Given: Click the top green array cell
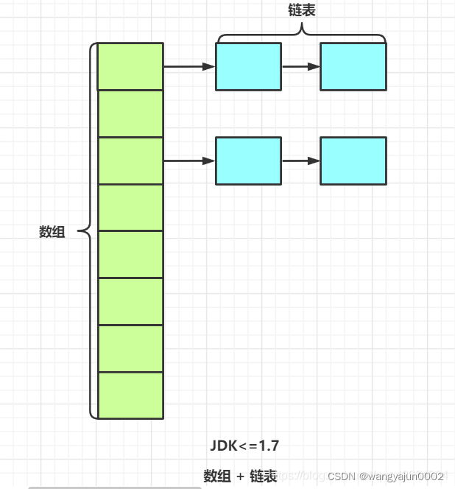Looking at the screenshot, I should [130, 66].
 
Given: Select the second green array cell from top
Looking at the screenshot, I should [130, 113].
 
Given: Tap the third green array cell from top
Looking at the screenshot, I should [130, 161].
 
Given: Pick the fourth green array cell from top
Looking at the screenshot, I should [130, 208].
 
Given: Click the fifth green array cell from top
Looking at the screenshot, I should [130, 255].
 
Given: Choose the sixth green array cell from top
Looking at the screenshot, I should [130, 302].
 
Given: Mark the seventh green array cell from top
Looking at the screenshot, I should [130, 349].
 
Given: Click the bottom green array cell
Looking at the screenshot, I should [130, 395].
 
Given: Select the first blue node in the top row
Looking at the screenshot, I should [248, 66].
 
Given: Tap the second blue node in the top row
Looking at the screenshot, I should [353, 66].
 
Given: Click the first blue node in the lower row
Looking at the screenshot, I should [248, 161].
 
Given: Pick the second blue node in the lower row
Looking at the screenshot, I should [353, 161].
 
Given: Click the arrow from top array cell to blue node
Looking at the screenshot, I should [189, 66].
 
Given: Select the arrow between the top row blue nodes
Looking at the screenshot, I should [300, 66].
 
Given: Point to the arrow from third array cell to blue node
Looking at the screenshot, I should [189, 161].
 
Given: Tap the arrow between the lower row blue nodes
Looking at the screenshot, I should [300, 161].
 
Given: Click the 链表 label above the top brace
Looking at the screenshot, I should [302, 10].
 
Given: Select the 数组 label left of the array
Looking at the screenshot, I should [52, 232].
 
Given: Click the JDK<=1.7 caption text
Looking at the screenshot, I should [244, 446].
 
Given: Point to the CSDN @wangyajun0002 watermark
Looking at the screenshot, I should [385, 476].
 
